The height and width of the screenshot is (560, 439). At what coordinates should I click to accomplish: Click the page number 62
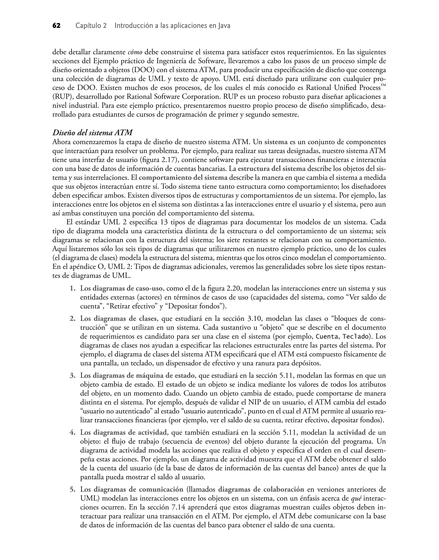tap(57, 26)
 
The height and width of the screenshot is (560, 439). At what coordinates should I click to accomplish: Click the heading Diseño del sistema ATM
tap(93, 133)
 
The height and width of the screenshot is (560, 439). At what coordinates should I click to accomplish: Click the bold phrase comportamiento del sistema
tap(183, 178)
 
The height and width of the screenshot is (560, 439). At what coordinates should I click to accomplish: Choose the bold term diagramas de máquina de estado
tap(143, 375)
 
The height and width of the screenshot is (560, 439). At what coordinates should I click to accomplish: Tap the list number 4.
tap(72, 432)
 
